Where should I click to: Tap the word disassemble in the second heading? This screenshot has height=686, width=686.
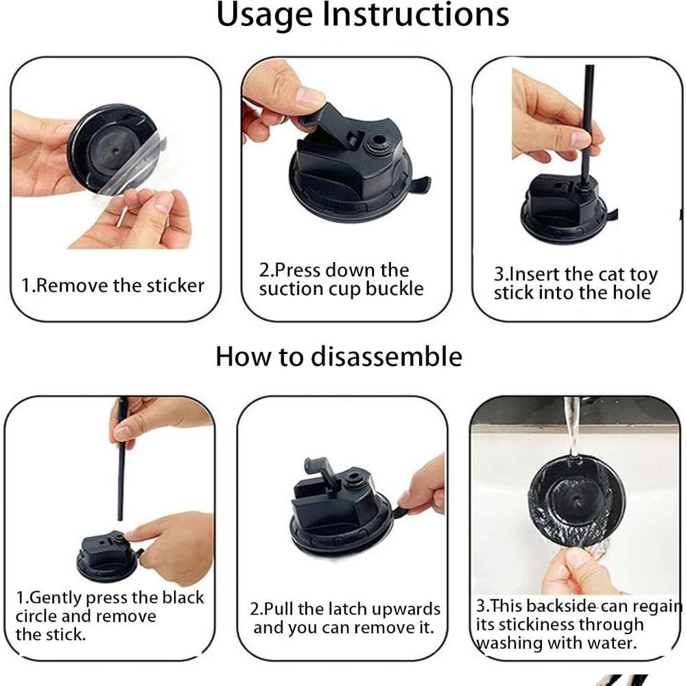pos(386,356)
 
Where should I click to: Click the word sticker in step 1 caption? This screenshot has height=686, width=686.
pos(176,285)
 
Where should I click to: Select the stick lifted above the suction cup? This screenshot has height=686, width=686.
pos(121,460)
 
